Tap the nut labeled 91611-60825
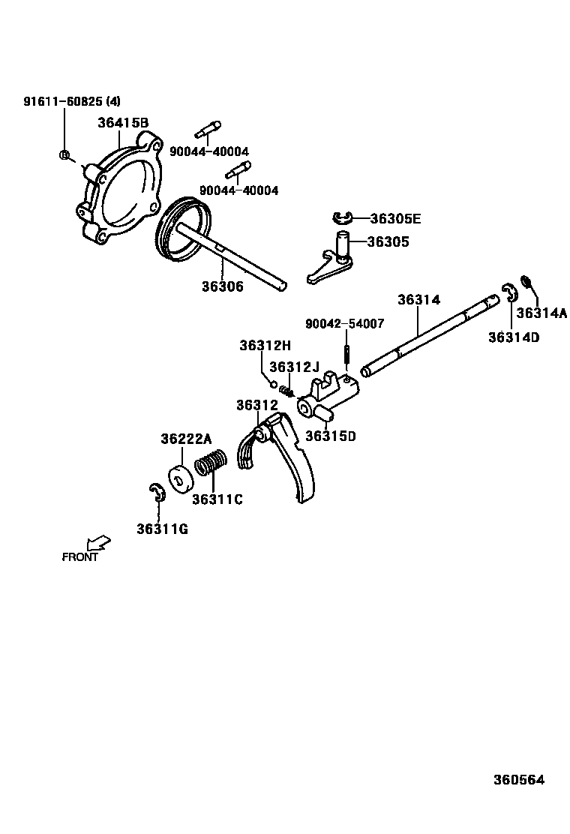tap(64, 155)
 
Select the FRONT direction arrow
tap(98, 541)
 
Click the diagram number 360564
tap(518, 779)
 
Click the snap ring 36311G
tap(157, 494)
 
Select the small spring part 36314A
tap(526, 283)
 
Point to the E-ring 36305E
tap(343, 218)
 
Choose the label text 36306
tap(222, 286)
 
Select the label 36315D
tap(331, 436)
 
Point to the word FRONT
tap(79, 557)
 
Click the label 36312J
tap(294, 367)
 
